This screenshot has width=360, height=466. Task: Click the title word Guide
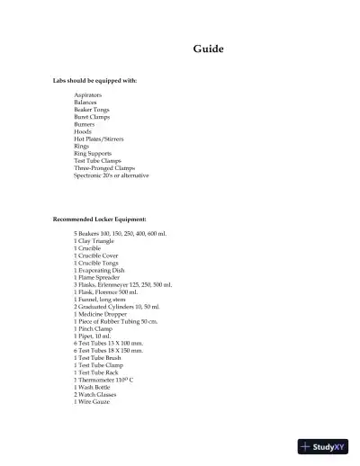point(208,49)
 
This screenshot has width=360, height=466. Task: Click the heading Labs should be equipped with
point(95,81)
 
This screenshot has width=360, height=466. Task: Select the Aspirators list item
point(88,94)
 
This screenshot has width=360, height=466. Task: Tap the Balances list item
point(85,103)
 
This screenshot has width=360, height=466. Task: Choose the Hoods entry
point(83,132)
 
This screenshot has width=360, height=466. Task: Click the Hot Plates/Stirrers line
point(98,139)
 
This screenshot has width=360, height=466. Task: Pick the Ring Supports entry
point(92,154)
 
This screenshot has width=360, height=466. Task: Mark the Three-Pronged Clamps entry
point(100,168)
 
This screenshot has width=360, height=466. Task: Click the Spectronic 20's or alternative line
point(112,175)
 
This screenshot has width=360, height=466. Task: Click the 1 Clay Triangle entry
point(94,241)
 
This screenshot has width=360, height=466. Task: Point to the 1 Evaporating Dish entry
point(100,270)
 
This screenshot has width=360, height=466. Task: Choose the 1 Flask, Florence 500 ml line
point(106,291)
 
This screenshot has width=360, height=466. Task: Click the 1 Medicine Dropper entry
point(100,313)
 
